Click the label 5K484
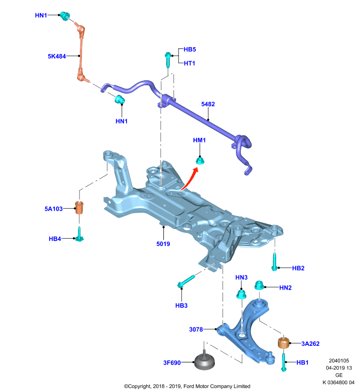pyautogui.click(x=57, y=56)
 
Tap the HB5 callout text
pyautogui.click(x=190, y=49)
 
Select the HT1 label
pyautogui.click(x=189, y=64)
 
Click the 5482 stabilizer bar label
pyautogui.click(x=208, y=104)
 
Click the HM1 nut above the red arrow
pyautogui.click(x=200, y=161)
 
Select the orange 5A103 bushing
pyautogui.click(x=79, y=208)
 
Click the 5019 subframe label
pyautogui.click(x=163, y=244)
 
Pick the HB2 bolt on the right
pyautogui.click(x=275, y=262)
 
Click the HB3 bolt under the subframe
pyautogui.click(x=186, y=281)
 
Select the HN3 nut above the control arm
pyautogui.click(x=241, y=294)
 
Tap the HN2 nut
pyautogui.click(x=259, y=286)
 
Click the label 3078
pyautogui.click(x=196, y=329)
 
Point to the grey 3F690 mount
pyautogui.click(x=205, y=360)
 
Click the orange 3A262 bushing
pyautogui.click(x=283, y=343)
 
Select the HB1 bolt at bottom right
pyautogui.click(x=283, y=363)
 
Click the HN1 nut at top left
pyautogui.click(x=65, y=16)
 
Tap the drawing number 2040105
pyautogui.click(x=339, y=361)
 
